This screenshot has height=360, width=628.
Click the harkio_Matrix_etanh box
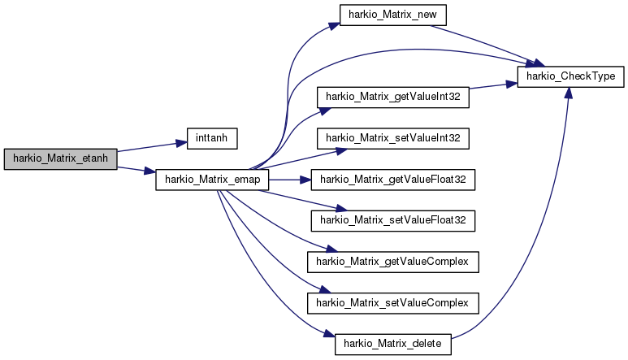[60, 159]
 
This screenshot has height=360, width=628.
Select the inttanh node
[212, 138]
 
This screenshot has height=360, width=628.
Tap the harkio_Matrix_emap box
[212, 180]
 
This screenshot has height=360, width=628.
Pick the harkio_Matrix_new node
[392, 15]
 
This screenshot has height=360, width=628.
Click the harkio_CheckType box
[571, 76]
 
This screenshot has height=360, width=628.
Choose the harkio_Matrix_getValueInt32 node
[393, 98]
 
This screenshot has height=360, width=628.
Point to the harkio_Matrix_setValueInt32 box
[393, 138]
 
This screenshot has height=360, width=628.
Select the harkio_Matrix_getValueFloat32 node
[393, 180]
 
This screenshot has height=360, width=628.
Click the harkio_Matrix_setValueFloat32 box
[393, 221]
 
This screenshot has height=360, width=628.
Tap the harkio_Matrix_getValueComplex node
[393, 262]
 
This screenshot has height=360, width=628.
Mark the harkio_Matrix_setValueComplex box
[393, 303]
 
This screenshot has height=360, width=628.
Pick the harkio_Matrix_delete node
[393, 345]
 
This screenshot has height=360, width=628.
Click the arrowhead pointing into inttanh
[182, 143]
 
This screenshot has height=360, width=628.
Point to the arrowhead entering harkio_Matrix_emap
[150, 171]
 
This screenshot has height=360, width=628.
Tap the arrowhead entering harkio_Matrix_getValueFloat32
[305, 180]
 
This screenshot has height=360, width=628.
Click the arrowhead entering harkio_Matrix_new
[335, 26]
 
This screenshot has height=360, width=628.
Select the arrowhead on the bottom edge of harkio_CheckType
[569, 93]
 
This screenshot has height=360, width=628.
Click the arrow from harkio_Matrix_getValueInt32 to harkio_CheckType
[493, 85]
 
